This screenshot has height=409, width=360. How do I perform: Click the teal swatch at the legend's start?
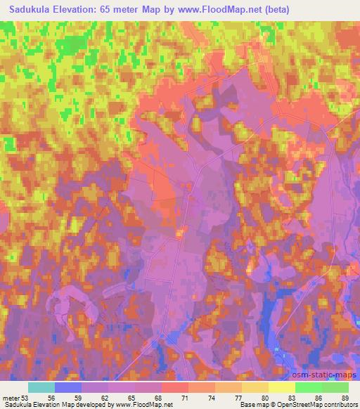pos(41,387)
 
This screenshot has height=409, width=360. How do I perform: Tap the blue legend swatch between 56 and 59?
pos(68,387)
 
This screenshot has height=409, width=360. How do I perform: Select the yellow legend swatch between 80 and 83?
pos(282,387)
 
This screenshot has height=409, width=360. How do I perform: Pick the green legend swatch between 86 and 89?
pos(335,387)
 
